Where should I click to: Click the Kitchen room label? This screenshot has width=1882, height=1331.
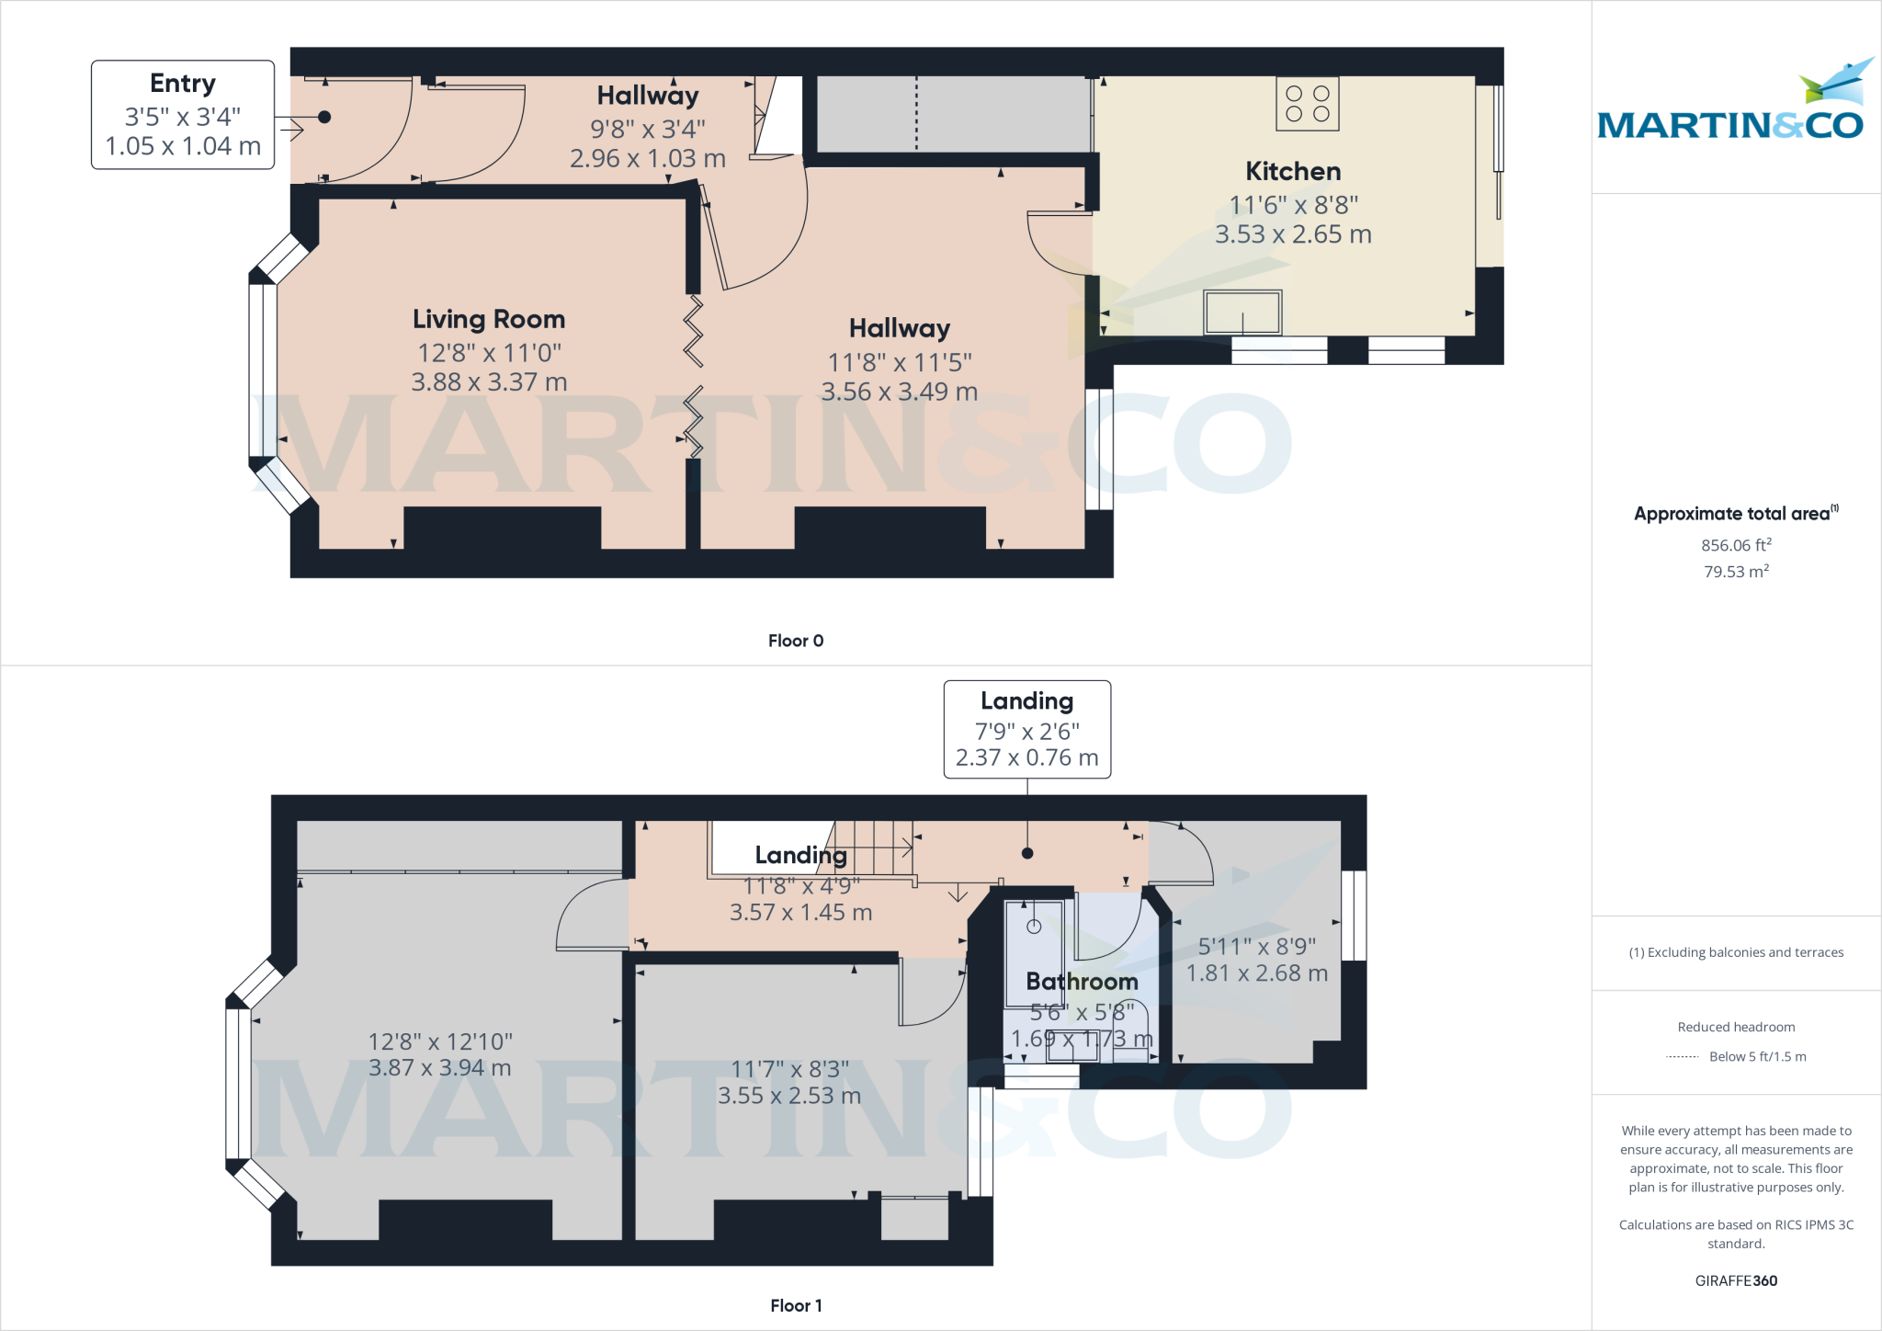(1292, 171)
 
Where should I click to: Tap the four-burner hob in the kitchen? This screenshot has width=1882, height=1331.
(1307, 104)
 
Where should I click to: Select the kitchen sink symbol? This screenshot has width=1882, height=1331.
(1242, 313)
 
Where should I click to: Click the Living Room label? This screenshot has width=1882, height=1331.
(488, 319)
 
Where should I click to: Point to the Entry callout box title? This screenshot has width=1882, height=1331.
(183, 84)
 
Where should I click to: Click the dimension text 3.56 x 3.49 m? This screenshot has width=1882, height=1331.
(899, 392)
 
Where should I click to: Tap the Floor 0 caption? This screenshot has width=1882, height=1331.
(796, 641)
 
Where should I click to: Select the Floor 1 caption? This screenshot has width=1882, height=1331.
(796, 1305)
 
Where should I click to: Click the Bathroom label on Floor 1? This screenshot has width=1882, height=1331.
(1082, 982)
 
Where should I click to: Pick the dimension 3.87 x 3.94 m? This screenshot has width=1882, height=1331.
(439, 1068)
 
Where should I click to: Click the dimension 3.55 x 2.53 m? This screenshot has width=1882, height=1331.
(788, 1096)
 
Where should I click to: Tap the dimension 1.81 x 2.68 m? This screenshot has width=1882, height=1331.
(1256, 973)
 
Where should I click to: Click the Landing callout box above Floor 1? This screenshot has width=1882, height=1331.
(1026, 729)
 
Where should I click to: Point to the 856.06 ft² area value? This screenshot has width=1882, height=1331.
(1735, 545)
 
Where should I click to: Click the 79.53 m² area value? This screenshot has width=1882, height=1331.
(1735, 572)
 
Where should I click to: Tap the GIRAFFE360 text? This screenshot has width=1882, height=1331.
(1735, 1280)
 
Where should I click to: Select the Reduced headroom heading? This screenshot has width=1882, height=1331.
(1735, 1027)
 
